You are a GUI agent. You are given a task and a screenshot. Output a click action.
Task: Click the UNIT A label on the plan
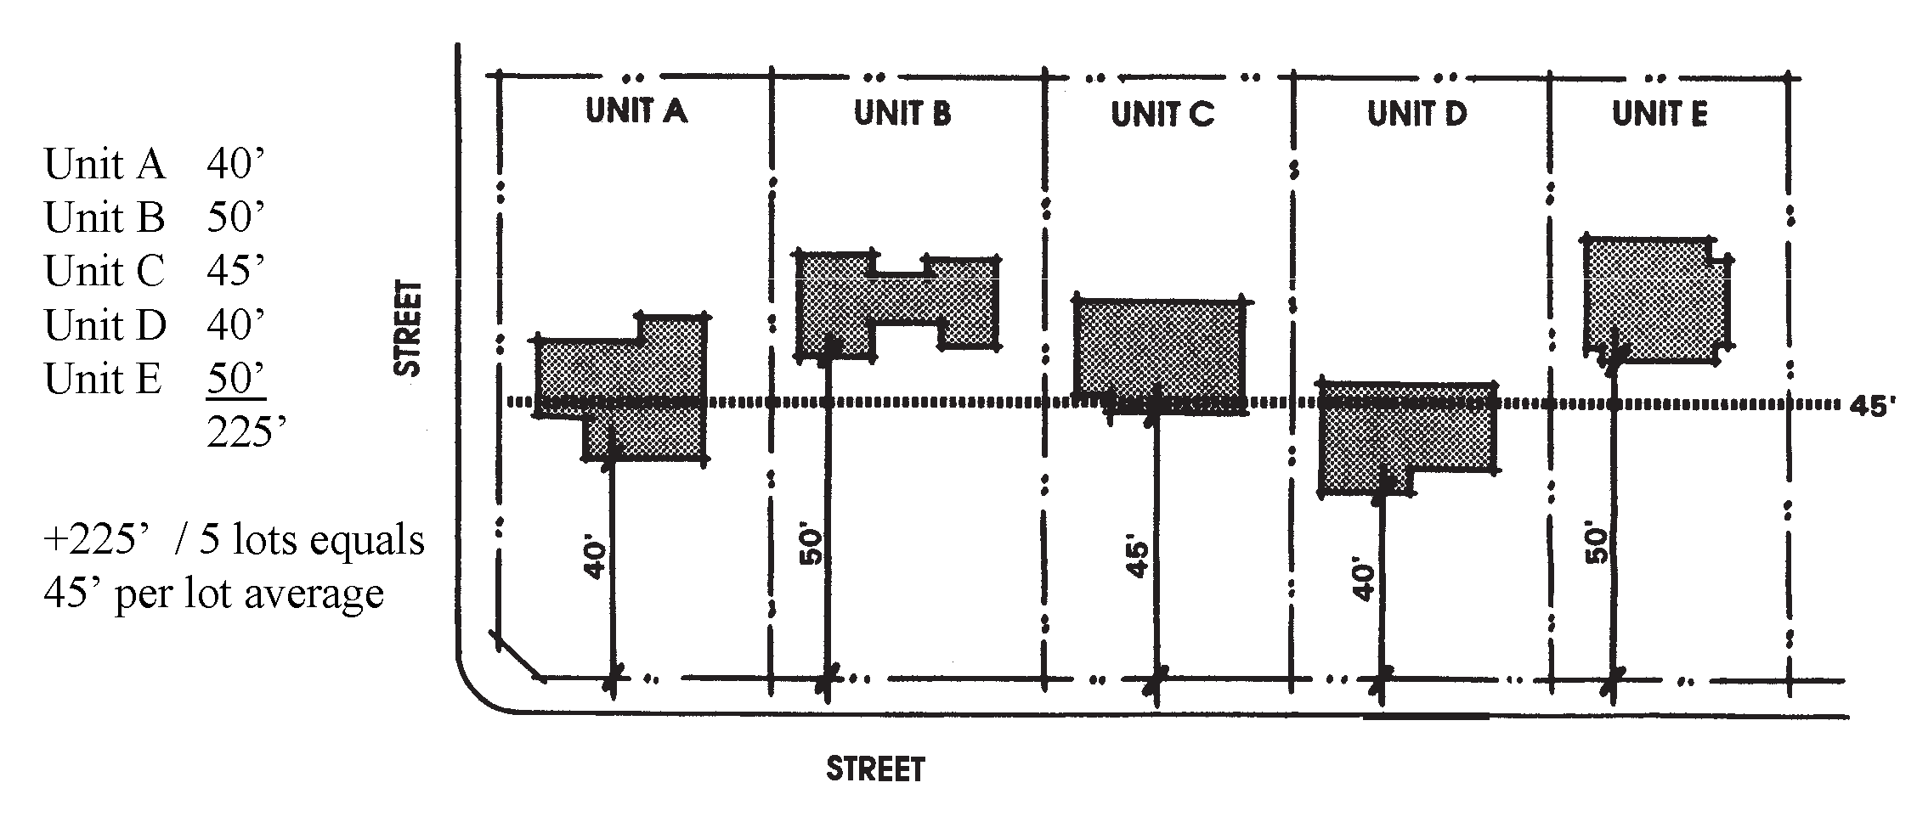[x=636, y=111]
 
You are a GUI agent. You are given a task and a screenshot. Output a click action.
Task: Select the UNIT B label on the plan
[x=902, y=113]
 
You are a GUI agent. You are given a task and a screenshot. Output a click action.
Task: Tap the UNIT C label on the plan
[x=1162, y=114]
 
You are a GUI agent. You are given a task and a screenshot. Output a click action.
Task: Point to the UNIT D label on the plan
[x=1417, y=114]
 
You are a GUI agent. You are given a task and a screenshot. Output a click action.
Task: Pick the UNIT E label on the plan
[x=1660, y=114]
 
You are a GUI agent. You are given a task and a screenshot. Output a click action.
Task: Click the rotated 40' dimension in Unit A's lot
[x=597, y=560]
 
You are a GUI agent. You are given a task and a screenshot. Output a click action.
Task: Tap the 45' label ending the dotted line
[x=1873, y=406]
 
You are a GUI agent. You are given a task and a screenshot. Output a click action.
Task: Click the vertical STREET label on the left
[x=409, y=328]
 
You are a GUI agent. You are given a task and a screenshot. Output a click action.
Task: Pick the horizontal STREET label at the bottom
[x=875, y=769]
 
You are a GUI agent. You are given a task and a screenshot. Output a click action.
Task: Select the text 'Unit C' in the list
[x=104, y=271]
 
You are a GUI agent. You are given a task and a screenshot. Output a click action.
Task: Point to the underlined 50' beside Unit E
[x=235, y=379]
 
